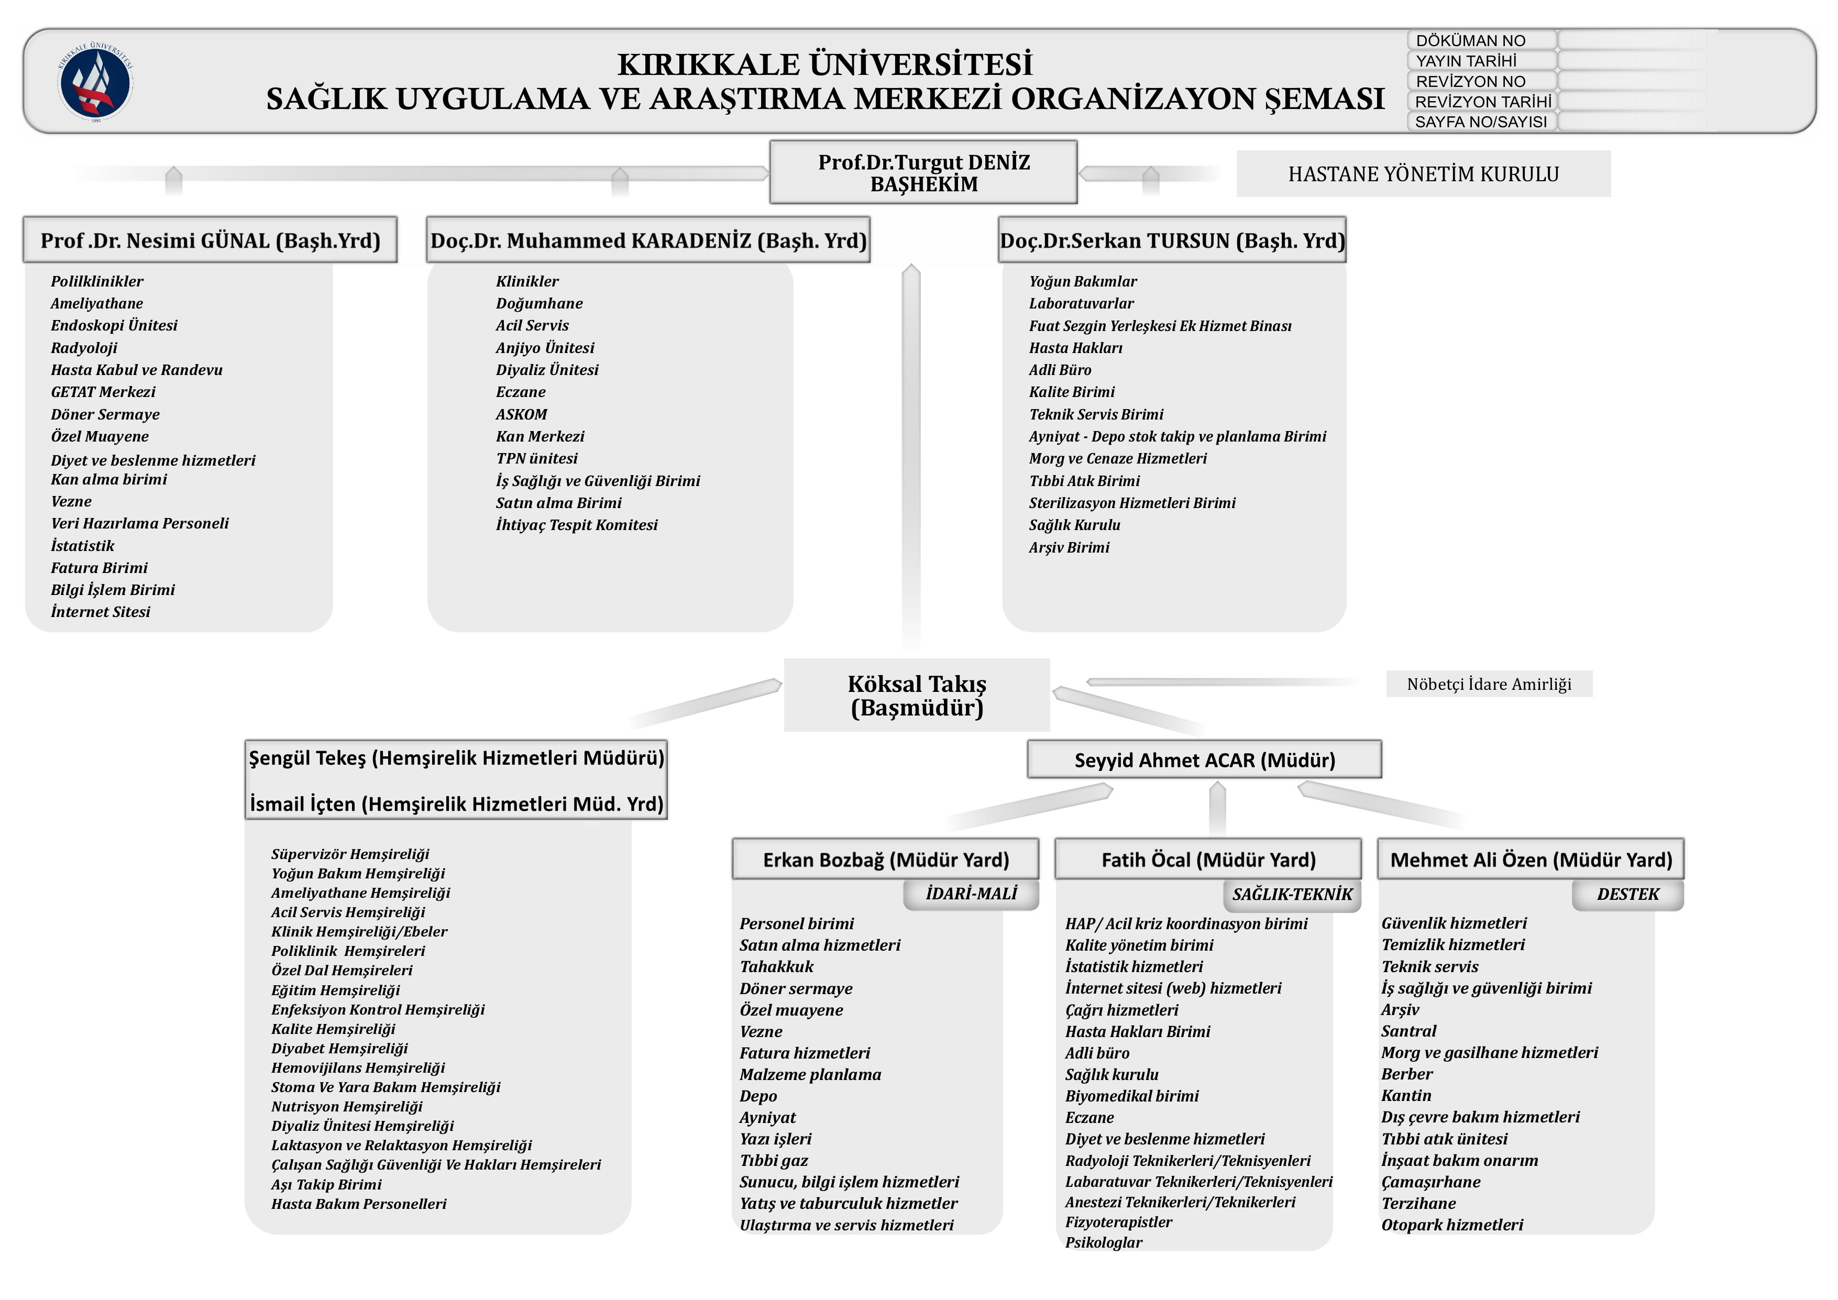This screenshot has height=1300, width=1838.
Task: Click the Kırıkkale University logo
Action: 95,81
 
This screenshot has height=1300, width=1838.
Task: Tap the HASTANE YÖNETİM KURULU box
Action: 1423,174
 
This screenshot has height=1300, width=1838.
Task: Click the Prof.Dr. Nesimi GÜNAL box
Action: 210,240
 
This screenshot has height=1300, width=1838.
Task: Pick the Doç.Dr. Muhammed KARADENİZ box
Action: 648,240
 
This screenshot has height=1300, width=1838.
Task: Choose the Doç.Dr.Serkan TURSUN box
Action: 1172,240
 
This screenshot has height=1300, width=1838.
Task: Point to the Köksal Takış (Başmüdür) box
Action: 917,695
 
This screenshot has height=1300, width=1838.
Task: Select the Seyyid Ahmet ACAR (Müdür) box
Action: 1204,759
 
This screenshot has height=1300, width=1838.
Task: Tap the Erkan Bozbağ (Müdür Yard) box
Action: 885,860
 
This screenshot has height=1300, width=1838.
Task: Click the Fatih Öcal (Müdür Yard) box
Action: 1208,860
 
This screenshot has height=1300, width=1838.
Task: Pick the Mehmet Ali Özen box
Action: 1531,860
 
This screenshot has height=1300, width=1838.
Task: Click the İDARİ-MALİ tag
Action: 971,894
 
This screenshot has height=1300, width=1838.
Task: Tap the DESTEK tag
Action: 1627,894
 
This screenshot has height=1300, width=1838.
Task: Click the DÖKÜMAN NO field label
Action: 1471,40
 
